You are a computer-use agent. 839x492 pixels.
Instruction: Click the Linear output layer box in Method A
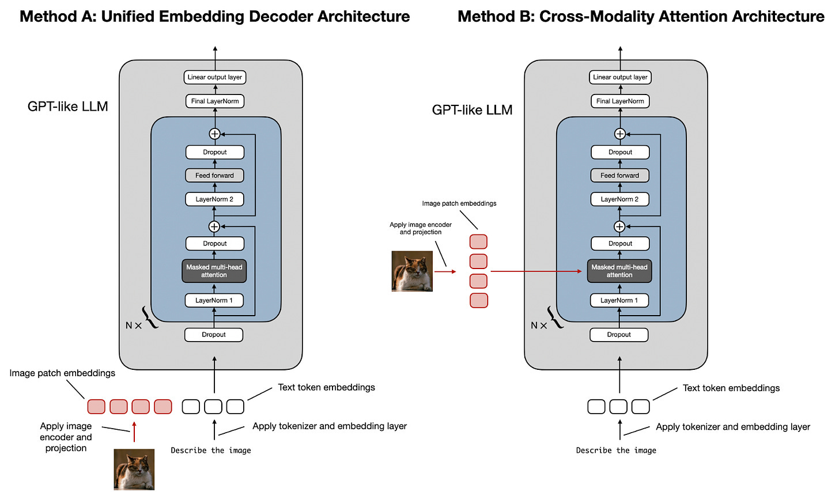pyautogui.click(x=215, y=77)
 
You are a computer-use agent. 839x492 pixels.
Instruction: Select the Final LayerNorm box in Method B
pyautogui.click(x=620, y=101)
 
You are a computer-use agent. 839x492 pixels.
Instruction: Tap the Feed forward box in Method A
pyautogui.click(x=215, y=175)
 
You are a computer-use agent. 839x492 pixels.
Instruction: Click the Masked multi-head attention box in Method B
pyautogui.click(x=619, y=271)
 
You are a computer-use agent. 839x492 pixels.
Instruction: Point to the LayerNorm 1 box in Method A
pyautogui.click(x=214, y=300)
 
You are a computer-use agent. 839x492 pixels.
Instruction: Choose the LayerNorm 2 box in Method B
pyautogui.click(x=619, y=199)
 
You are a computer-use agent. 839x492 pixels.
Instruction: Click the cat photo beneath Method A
pyautogui.click(x=134, y=469)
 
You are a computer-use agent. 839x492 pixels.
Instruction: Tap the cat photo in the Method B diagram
pyautogui.click(x=412, y=271)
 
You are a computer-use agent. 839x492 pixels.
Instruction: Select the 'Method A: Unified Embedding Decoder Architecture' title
pyautogui.click(x=214, y=16)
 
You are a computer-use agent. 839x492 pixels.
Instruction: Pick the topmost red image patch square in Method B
pyautogui.click(x=478, y=241)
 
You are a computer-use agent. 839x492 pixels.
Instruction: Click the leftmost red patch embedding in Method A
pyautogui.click(x=96, y=407)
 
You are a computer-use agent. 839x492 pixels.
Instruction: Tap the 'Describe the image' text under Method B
pyautogui.click(x=616, y=451)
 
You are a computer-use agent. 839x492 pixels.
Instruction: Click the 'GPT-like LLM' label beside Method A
pyautogui.click(x=68, y=107)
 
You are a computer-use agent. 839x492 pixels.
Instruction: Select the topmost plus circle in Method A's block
pyautogui.click(x=214, y=134)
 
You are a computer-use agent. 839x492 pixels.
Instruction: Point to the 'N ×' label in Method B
pyautogui.click(x=538, y=326)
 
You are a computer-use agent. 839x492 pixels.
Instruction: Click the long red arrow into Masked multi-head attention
pyautogui.click(x=536, y=271)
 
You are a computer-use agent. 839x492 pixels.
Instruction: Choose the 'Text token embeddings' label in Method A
pyautogui.click(x=326, y=387)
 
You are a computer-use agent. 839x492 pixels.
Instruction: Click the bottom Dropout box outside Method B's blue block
pyautogui.click(x=619, y=335)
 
